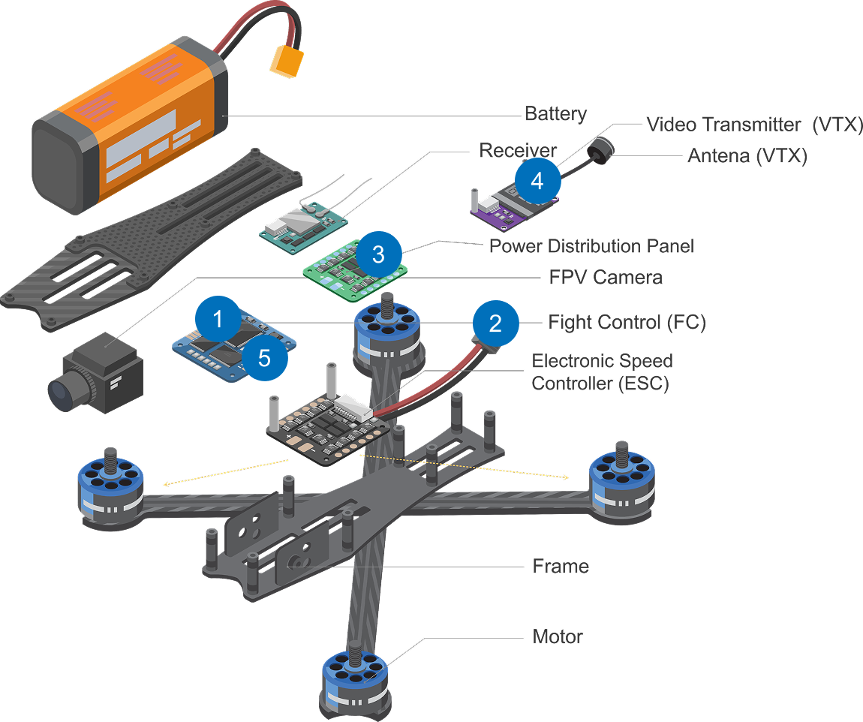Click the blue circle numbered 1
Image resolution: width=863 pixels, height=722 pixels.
click(218, 320)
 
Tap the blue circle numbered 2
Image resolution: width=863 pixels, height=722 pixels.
click(495, 323)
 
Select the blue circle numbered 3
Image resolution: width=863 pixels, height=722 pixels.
click(378, 254)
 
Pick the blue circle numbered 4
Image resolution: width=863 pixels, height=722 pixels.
click(537, 181)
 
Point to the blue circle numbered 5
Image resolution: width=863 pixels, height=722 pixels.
click(264, 358)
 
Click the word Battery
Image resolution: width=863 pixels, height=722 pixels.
click(555, 114)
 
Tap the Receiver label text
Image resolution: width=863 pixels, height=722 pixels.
click(518, 150)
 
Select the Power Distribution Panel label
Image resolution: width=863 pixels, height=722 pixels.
click(591, 246)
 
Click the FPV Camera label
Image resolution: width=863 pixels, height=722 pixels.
click(606, 278)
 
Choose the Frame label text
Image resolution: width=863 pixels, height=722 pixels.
click(561, 566)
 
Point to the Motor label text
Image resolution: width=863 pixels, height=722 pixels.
click(558, 637)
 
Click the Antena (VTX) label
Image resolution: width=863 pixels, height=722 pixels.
click(747, 156)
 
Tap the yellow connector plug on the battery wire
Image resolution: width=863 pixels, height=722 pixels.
click(285, 62)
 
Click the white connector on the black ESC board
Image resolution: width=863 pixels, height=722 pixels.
click(353, 408)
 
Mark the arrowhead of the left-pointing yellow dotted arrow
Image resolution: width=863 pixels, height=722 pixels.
click(165, 485)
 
